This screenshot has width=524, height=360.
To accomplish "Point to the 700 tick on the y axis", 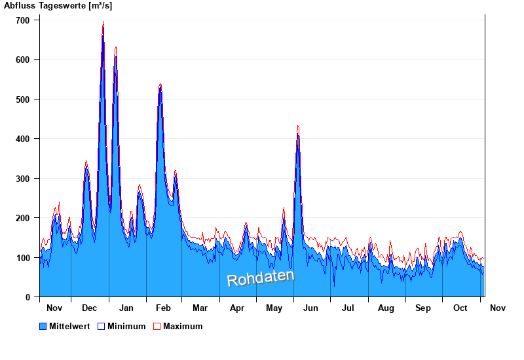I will click(x=22, y=20).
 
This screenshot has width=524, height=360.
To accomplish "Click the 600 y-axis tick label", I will click(x=22, y=60).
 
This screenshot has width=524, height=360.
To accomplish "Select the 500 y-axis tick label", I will click(x=22, y=99).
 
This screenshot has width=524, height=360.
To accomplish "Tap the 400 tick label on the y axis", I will click(x=22, y=139).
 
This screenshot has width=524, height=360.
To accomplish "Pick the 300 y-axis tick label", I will click(x=22, y=179).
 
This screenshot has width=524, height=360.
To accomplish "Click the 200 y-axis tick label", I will click(x=22, y=218).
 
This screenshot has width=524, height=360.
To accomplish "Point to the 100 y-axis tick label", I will click(x=22, y=258).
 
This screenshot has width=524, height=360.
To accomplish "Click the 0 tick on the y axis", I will click(x=28, y=297).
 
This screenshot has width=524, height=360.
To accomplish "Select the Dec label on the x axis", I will click(x=90, y=308).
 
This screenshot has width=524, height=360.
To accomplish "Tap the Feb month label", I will click(x=164, y=308).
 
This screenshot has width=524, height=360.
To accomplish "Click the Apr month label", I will click(x=237, y=308).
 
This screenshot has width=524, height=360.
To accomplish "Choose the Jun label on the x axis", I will click(x=311, y=308).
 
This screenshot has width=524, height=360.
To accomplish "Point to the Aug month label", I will click(x=386, y=308).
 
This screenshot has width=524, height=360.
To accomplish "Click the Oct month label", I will click(x=460, y=308).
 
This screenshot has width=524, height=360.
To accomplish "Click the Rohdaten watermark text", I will click(x=260, y=278).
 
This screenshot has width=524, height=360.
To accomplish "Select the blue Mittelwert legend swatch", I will click(x=43, y=327).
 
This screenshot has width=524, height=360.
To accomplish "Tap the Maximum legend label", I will click(x=183, y=327).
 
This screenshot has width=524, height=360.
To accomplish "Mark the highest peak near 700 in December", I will click(x=103, y=23).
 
